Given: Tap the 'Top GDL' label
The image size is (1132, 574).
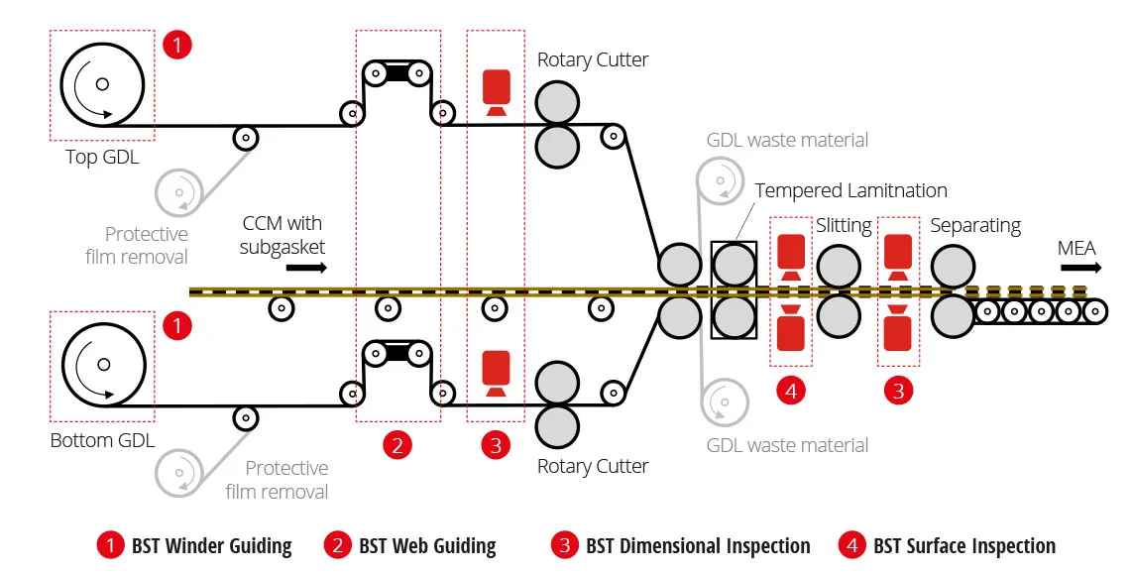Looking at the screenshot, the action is pos(102,157).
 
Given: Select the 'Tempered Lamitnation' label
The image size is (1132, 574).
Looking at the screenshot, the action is pos(850,190).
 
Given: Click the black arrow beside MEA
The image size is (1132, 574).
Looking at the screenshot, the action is pos(1080,268).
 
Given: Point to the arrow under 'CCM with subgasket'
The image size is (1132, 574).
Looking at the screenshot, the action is pos(306,268).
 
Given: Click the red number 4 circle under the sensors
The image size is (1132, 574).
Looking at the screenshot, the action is pos(791,391).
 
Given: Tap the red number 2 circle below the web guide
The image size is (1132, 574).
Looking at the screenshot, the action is pos(397,445).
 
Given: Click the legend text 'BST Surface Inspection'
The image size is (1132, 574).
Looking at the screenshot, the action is pos(963,546).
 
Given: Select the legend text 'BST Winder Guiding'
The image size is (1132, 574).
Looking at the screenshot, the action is pos(211,546).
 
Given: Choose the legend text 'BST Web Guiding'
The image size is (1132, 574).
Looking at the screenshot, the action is pos(427,546).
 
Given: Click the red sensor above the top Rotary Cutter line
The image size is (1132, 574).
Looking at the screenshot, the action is pos(496,91).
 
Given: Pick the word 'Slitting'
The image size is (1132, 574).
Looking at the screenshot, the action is pos(844,226).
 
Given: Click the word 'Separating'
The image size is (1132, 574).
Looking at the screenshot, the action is pos(975,226).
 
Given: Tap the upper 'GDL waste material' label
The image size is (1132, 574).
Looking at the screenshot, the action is pos(787,140).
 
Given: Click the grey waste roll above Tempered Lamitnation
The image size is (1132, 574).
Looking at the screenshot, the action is pos(720,180).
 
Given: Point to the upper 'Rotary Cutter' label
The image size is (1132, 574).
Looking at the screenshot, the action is pos(593,59).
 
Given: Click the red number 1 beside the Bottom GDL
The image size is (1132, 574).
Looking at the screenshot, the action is pos(176,325).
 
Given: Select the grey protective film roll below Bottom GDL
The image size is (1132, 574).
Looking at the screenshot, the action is pos(178,473).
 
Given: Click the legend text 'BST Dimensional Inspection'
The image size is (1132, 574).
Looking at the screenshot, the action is pos(698,546).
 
